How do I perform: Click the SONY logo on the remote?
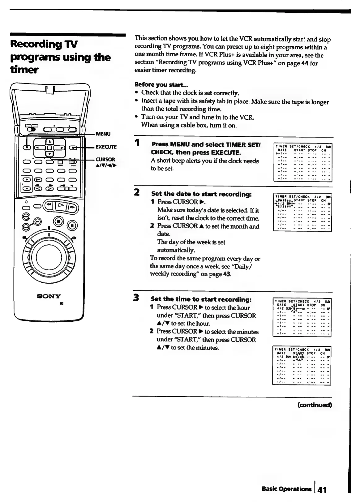[49, 296]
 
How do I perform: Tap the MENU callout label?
[103, 134]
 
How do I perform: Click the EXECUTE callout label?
[106, 147]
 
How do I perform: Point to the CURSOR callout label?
[105, 160]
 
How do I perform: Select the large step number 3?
[136, 298]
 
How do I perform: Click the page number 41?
[322, 490]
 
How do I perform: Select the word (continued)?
[314, 405]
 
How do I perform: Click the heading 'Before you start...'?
[161, 84]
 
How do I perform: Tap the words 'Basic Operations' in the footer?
[286, 489]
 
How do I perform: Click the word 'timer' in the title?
[24, 70]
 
